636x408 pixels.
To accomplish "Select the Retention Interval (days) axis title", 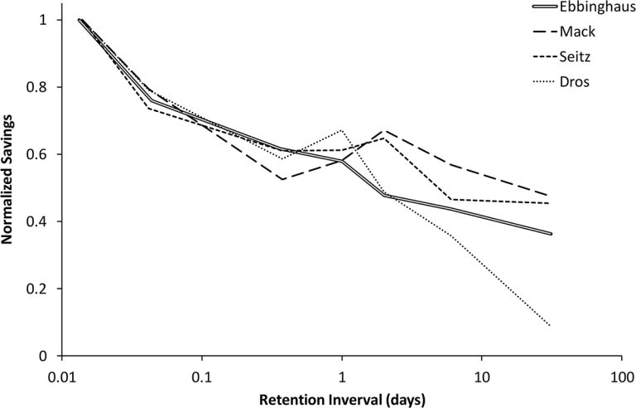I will coord(342,399).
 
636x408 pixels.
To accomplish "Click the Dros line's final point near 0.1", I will coord(550,325).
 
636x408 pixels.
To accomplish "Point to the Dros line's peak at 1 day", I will coord(341,130).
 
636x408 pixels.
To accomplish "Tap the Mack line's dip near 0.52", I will coord(283,179).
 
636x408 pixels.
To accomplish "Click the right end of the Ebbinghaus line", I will coord(551,234).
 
